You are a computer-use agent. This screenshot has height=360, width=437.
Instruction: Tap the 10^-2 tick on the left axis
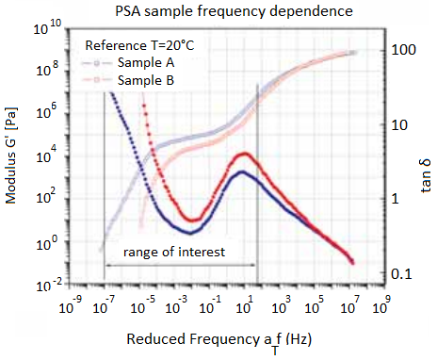(47, 282)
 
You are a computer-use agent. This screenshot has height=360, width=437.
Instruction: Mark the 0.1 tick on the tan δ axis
(403, 273)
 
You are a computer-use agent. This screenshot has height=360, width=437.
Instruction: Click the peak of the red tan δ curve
(245, 153)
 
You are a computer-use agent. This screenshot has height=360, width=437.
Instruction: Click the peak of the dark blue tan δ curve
(242, 172)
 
